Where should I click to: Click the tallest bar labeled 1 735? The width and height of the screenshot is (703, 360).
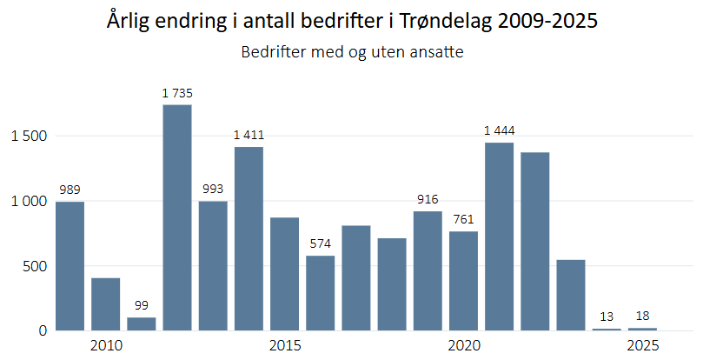[177, 217]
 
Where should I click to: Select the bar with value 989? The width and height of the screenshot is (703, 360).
[70, 266]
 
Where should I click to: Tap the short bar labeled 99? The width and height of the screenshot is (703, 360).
[142, 323]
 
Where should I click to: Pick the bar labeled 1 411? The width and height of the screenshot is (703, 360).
[249, 238]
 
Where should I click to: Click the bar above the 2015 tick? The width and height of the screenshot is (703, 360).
[284, 274]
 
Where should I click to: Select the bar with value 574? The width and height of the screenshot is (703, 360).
[320, 293]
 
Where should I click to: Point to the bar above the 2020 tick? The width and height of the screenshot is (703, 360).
[463, 281]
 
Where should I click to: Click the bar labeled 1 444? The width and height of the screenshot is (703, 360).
[499, 237]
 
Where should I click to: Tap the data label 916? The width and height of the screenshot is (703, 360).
[428, 199]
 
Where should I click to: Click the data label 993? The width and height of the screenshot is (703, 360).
[213, 189]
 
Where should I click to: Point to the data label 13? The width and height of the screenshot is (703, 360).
[607, 317]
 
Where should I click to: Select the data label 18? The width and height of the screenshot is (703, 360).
[642, 316]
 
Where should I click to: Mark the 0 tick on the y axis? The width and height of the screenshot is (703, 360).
[42, 330]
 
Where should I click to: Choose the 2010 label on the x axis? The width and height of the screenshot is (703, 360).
[106, 346]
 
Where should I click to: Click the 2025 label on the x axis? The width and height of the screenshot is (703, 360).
[642, 346]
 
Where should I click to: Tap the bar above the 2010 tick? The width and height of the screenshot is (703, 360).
[106, 304]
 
